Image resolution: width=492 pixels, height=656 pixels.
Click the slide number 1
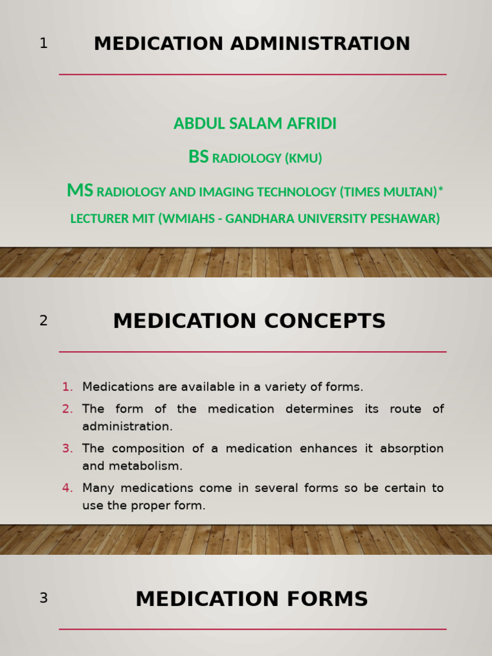[x=44, y=44]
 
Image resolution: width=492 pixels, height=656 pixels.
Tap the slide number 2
[x=44, y=321]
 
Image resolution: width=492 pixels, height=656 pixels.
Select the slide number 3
[x=44, y=598]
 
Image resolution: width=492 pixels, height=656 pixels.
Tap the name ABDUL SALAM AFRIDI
[x=254, y=124]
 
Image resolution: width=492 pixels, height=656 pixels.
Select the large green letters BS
[x=198, y=157]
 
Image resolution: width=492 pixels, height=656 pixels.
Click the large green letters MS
[x=80, y=191]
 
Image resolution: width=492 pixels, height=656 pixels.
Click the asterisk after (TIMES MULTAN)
[x=441, y=190]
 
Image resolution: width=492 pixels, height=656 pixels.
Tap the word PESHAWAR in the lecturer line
[x=405, y=219]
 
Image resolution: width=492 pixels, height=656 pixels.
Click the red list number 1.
[x=67, y=387]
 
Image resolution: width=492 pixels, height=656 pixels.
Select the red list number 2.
[x=67, y=409]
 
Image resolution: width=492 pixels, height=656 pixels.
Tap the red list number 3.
[x=67, y=448]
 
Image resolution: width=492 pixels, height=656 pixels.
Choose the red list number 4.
[x=67, y=488]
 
